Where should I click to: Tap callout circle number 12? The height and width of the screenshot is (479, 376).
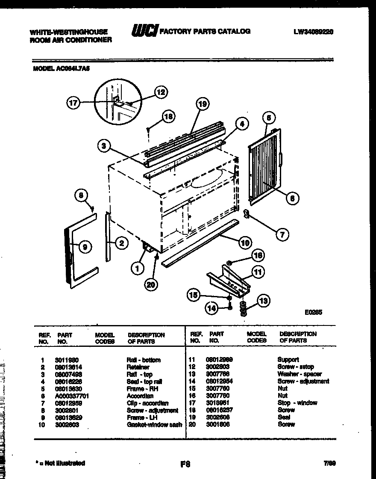click(159, 91)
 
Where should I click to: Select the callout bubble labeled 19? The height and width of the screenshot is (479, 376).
click(203, 103)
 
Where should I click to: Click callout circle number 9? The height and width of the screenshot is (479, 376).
click(85, 246)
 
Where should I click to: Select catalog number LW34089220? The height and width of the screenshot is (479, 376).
click(314, 31)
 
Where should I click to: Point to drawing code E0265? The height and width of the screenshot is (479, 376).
click(313, 313)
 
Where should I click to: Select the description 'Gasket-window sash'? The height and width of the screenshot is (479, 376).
click(154, 425)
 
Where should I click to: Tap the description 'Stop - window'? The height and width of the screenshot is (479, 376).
click(297, 403)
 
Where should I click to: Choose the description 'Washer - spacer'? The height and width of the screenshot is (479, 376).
click(300, 374)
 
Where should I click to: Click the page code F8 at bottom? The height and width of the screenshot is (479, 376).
click(185, 464)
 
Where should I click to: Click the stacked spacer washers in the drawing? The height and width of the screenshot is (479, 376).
click(244, 308)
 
